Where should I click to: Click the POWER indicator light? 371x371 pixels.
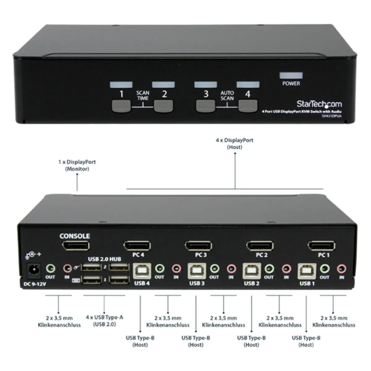point(291,76)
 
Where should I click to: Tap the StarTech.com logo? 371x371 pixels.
point(319,104)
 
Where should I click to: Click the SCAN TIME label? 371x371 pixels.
point(143,96)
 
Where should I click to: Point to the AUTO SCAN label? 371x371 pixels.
point(227,96)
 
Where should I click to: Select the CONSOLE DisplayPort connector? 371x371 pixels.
point(76,246)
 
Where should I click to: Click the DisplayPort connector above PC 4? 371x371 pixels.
point(137,246)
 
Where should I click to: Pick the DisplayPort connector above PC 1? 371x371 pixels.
point(322,246)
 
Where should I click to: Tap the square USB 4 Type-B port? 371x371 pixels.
point(142,271)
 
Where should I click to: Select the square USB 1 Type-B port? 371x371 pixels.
point(307,271)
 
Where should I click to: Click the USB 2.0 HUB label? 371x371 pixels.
point(104,259)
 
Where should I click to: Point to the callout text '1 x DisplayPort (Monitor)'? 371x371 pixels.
point(77,165)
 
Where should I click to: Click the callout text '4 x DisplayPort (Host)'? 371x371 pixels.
point(234,144)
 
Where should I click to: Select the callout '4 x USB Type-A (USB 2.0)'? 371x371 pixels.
point(104,321)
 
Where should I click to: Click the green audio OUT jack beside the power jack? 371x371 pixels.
point(50,268)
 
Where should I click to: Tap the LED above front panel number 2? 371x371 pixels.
point(163,85)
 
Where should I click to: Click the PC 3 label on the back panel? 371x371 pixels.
point(201,255)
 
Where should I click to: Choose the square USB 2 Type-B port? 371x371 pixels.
point(252,271)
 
